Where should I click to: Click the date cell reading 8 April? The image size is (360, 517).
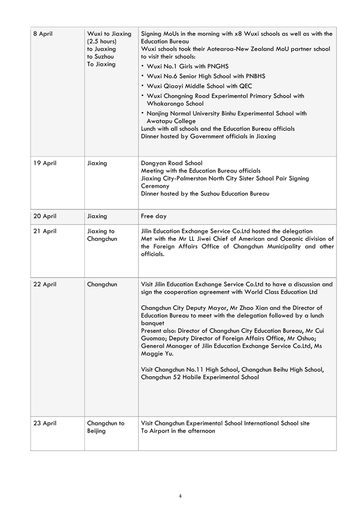(x=43, y=34)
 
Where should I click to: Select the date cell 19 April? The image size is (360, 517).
(x=45, y=164)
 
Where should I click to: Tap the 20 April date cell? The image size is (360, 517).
(x=45, y=216)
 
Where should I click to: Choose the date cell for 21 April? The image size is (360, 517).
(x=45, y=231)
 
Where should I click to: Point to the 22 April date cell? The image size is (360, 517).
(x=45, y=284)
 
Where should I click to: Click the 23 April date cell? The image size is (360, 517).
(x=45, y=423)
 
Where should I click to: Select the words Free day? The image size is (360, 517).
(x=153, y=216)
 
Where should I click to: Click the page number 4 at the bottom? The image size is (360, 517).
(x=180, y=496)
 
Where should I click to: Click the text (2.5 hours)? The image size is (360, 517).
(x=102, y=41)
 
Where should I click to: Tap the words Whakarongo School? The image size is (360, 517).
(x=175, y=103)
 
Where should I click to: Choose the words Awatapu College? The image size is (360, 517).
(x=171, y=121)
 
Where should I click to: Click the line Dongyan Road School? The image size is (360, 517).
(x=171, y=164)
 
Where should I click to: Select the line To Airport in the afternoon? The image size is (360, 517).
(x=177, y=431)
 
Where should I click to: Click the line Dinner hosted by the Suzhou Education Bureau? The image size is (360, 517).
(x=205, y=194)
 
